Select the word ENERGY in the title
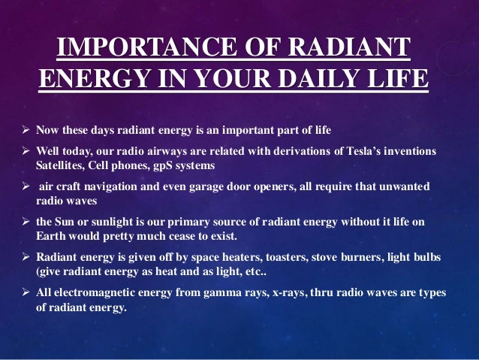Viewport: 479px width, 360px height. [x=84, y=79]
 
